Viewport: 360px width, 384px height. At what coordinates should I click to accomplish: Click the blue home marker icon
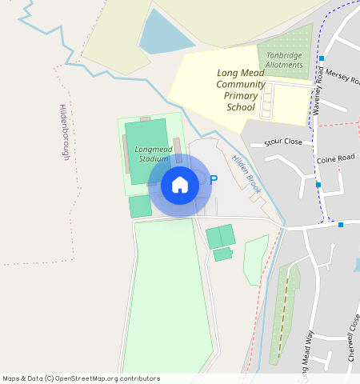point(180,185)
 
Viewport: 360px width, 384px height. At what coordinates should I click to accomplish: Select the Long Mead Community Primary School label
point(240,90)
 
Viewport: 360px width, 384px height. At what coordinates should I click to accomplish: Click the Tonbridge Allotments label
point(285,60)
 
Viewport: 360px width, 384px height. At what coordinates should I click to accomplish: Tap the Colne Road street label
point(335,158)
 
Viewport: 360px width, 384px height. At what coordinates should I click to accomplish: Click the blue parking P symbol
point(213,181)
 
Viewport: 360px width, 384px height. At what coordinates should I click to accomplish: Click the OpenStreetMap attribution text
point(81,378)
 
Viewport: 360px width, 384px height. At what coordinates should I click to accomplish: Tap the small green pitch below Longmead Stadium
point(140,206)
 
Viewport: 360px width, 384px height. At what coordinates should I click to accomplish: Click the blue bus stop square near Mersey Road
point(322,58)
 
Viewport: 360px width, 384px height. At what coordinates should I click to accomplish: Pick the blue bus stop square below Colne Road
point(318,185)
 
